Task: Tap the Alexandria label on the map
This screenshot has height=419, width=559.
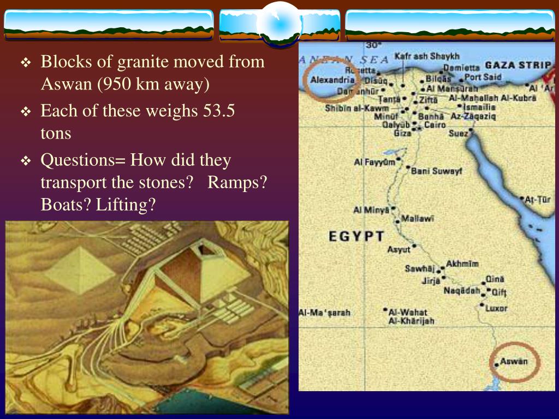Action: [332, 80]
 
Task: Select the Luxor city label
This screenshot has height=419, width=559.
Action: [496, 308]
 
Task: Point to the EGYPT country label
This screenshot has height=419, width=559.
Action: [356, 236]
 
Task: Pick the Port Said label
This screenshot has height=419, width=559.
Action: [483, 77]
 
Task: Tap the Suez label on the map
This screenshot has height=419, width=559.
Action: [459, 133]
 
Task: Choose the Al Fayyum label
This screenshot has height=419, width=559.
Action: [374, 162]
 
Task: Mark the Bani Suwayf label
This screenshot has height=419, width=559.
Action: [437, 171]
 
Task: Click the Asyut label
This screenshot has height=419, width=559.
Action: [399, 250]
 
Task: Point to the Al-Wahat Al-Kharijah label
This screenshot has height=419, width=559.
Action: [411, 316]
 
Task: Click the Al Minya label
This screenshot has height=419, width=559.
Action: [371, 209]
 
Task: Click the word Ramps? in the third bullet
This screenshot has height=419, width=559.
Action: [237, 183]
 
